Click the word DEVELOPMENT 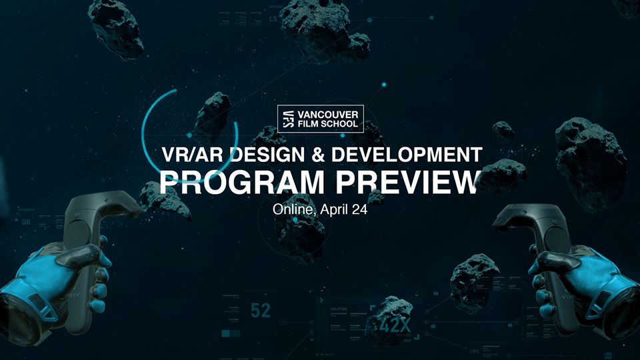[x=406, y=155]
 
